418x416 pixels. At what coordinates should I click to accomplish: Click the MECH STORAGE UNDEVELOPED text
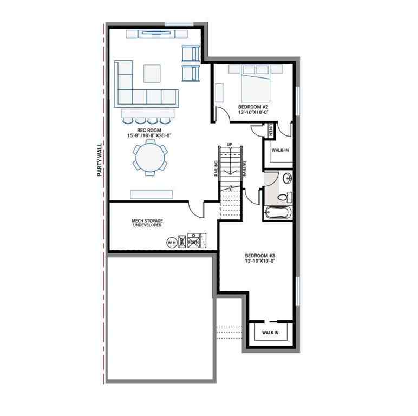click(x=147, y=223)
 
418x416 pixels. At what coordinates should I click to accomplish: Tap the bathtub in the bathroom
click(x=277, y=213)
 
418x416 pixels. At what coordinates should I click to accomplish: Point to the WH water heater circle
click(x=171, y=242)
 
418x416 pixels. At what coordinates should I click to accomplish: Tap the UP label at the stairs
click(x=230, y=144)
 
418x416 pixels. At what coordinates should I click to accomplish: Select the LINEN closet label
click(x=270, y=130)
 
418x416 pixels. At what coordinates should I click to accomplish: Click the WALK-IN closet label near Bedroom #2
click(x=280, y=150)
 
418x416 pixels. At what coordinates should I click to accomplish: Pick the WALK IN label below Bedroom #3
click(x=270, y=333)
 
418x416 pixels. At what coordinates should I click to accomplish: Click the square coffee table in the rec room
click(x=152, y=74)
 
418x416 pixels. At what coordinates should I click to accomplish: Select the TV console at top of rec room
click(x=157, y=34)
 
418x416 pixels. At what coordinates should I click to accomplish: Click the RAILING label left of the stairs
click(x=216, y=168)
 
